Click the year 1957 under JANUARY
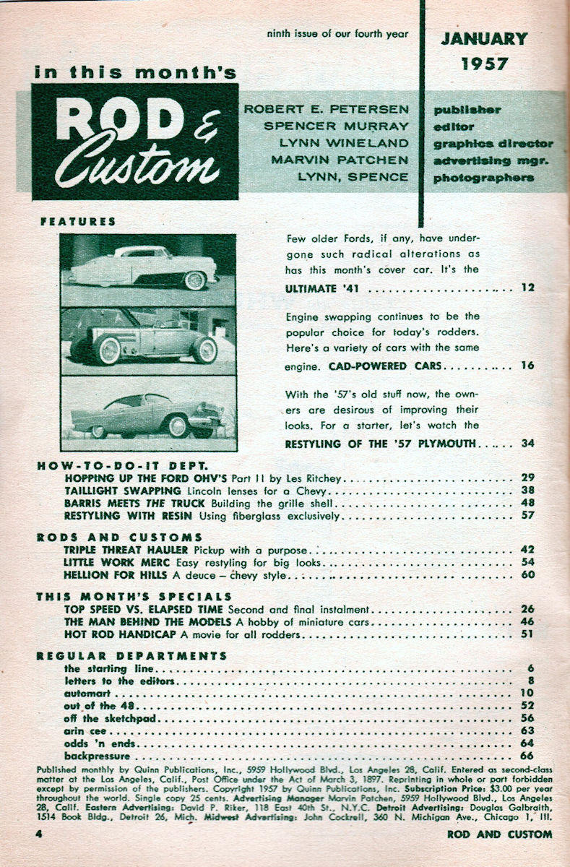click(484, 64)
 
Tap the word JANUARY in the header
click(484, 38)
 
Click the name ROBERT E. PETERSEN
click(327, 109)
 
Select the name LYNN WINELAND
click(344, 143)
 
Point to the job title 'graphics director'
click(493, 143)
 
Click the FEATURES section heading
click(78, 222)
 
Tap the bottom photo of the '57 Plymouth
click(148, 413)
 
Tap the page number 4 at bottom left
click(40, 834)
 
